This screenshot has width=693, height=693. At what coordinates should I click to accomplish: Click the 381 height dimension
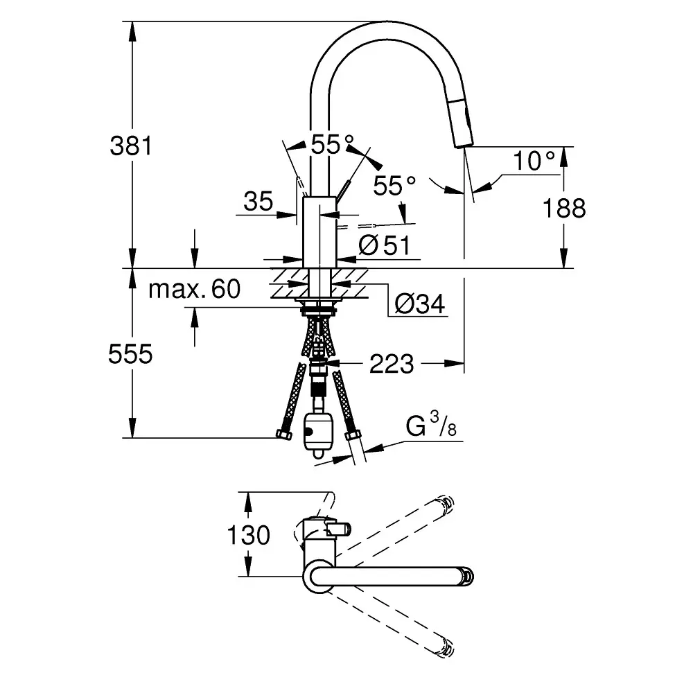(131, 146)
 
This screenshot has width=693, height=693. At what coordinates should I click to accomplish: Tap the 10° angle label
(534, 161)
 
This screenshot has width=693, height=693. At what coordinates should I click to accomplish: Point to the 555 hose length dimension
(130, 354)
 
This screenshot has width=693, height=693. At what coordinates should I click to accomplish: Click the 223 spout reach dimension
(391, 363)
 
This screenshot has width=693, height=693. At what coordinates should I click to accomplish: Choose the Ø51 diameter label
(385, 245)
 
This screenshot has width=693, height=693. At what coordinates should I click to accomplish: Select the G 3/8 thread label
(431, 426)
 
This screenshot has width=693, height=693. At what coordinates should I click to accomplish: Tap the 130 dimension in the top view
(248, 535)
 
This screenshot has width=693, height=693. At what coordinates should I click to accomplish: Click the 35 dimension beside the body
(258, 202)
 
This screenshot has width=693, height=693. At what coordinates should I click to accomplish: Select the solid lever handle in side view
(342, 189)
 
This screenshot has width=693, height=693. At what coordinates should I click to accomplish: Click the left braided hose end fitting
(285, 435)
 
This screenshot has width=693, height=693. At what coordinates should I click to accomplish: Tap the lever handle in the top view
(339, 530)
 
